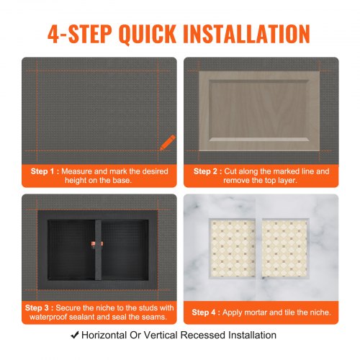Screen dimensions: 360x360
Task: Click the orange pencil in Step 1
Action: click(167, 141)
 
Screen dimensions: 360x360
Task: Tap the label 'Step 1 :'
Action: click(44, 171)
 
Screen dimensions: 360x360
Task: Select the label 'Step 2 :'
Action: click(208, 171)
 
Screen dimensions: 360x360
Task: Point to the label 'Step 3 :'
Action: click(44, 307)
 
